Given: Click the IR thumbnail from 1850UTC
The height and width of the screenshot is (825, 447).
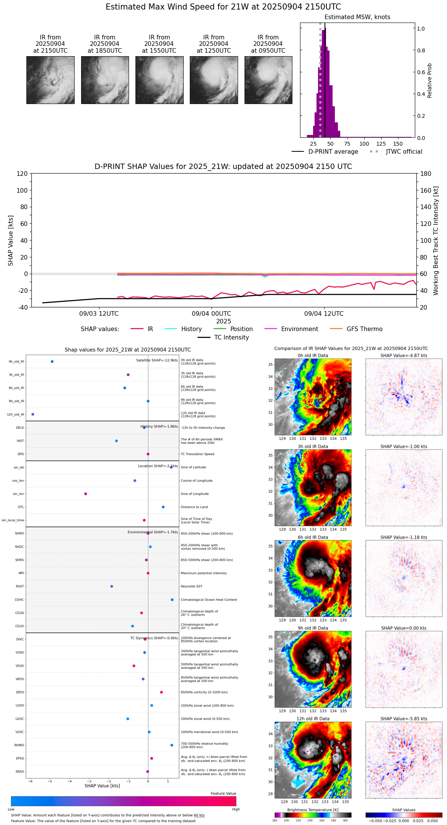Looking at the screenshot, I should [105, 80].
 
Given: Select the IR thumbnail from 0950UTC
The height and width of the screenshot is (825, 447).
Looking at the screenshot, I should [268, 80].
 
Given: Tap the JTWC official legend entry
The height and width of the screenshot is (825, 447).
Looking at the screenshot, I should [404, 152].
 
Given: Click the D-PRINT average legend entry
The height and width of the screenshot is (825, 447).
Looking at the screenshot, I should [333, 152].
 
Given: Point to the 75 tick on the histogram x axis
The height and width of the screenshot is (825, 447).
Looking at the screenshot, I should [347, 144].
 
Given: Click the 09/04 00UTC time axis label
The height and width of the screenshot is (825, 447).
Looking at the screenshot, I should [211, 313].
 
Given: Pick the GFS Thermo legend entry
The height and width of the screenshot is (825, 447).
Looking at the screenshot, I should [364, 329].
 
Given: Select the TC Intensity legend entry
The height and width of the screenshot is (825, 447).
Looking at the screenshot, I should [231, 337].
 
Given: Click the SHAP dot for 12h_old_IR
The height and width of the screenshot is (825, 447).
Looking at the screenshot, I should [33, 414].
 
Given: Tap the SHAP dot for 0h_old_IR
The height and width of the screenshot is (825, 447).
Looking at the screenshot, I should [52, 361].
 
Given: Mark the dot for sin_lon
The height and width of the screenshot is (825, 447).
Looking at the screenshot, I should [86, 494].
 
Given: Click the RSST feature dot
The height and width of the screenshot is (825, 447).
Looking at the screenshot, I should [112, 586].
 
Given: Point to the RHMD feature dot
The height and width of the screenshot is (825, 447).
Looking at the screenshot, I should [172, 745].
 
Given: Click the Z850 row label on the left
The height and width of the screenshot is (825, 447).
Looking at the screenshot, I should [20, 692].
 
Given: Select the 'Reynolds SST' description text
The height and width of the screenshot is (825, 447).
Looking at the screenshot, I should [191, 586].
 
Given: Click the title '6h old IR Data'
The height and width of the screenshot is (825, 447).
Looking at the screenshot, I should [313, 537].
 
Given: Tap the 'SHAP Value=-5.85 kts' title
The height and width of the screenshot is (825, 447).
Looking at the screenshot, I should [404, 719].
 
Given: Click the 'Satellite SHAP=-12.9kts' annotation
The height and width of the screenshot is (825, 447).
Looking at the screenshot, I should [157, 360].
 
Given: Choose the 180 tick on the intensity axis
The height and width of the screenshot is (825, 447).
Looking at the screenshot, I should [426, 174].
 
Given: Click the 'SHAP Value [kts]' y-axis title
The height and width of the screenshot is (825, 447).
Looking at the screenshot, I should [11, 240].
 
